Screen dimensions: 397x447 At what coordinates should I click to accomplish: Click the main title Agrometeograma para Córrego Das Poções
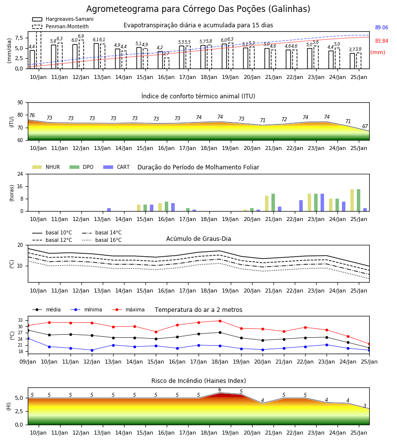click(198, 9)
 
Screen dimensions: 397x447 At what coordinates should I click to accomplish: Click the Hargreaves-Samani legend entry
click(63, 19)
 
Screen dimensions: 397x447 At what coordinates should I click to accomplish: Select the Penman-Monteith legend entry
click(61, 26)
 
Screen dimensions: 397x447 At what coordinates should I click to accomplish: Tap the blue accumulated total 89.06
click(382, 28)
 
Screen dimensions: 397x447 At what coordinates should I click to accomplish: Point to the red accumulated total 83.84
click(382, 41)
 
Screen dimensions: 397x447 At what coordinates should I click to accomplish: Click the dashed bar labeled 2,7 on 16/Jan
click(167, 63)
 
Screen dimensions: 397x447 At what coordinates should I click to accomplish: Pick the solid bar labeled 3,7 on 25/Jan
click(352, 61)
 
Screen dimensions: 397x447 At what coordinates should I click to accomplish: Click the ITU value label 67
click(365, 126)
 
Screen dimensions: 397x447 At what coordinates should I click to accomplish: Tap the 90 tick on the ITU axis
click(20, 103)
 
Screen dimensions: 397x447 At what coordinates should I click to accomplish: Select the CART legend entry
click(117, 167)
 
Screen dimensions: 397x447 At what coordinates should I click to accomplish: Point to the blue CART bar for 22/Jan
click(301, 206)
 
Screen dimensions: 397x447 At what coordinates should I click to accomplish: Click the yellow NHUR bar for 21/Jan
click(267, 204)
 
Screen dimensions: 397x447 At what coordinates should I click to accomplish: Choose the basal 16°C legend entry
click(102, 240)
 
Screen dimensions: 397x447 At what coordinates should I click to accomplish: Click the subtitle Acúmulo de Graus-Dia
click(198, 239)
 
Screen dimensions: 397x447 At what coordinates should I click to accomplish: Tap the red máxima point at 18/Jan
click(220, 321)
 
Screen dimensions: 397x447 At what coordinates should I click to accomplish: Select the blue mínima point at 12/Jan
click(92, 350)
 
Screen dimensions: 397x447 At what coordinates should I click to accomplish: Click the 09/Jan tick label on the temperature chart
click(28, 362)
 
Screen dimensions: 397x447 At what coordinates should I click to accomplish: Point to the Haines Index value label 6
click(220, 390)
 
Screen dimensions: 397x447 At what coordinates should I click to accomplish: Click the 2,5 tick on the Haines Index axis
click(19, 412)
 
